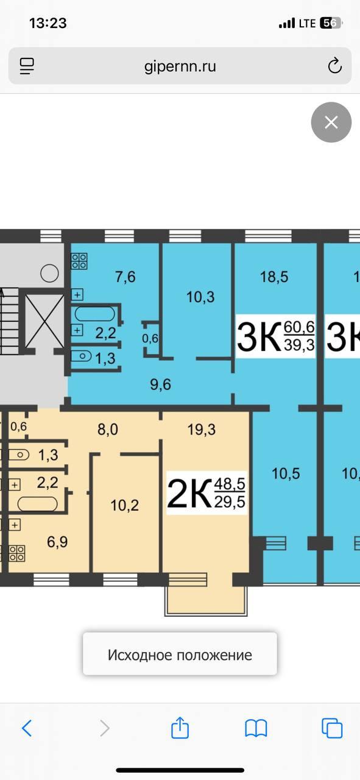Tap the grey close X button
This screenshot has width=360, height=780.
click(331, 122)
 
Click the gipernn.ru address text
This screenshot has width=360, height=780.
click(180, 66)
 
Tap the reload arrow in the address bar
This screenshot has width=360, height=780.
click(334, 65)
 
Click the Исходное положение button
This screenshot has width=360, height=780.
click(180, 655)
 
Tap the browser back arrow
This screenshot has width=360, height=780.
click(27, 728)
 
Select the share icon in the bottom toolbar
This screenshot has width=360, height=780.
click(180, 728)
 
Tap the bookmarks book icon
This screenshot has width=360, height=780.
click(256, 728)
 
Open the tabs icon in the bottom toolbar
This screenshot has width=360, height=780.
click(332, 728)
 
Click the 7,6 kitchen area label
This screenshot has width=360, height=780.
click(125, 277)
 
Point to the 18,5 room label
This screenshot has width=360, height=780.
click(274, 277)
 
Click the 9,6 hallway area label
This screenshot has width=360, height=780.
click(160, 385)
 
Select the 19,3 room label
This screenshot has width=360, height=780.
click(202, 430)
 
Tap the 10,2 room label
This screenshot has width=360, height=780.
click(125, 505)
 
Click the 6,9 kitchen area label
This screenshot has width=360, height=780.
click(57, 542)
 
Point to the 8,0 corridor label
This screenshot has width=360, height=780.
click(108, 430)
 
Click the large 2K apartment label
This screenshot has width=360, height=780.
click(189, 493)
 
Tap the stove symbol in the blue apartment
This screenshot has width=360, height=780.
click(79, 261)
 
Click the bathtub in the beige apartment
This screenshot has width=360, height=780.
click(37, 504)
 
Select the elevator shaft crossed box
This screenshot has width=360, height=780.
click(44, 320)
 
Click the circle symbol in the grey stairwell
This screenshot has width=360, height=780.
click(49, 274)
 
